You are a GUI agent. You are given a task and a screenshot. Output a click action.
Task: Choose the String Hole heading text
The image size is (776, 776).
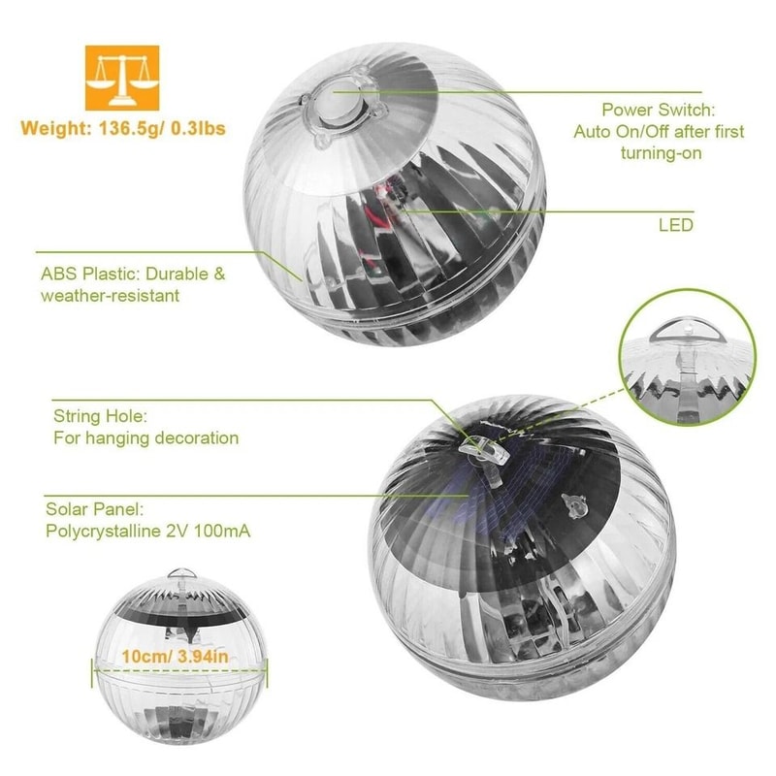click(x=100, y=416)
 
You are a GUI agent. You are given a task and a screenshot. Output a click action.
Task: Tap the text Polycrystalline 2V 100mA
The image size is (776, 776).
click(x=151, y=531)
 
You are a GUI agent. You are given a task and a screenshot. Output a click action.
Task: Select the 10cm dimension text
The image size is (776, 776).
click(x=143, y=657)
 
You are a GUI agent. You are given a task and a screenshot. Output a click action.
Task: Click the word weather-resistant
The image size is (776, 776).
click(x=110, y=295)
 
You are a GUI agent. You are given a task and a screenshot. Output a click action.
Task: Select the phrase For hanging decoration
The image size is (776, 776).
click(x=145, y=437)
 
